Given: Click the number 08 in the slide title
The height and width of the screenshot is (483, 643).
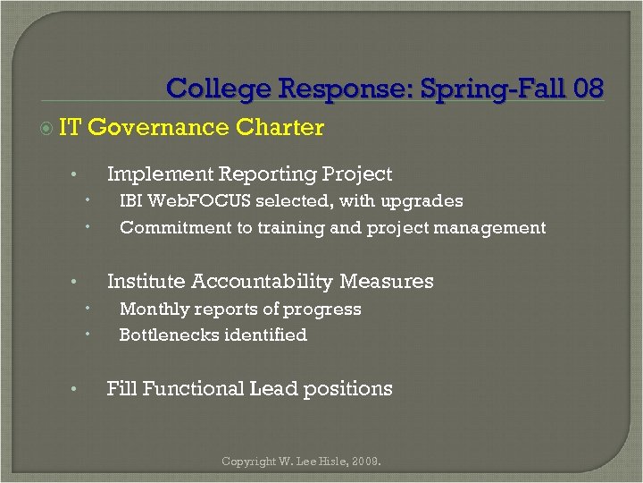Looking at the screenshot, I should pyautogui.click(x=589, y=89).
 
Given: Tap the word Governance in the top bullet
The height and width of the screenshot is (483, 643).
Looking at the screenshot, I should pyautogui.click(x=159, y=127).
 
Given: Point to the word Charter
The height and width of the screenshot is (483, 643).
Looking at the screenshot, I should pyautogui.click(x=280, y=127).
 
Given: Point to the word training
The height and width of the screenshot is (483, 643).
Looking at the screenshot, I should pyautogui.click(x=291, y=228).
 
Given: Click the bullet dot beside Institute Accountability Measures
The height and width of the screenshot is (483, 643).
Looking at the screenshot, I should pyautogui.click(x=77, y=283).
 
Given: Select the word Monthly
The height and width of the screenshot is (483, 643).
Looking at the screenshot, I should pyautogui.click(x=154, y=309).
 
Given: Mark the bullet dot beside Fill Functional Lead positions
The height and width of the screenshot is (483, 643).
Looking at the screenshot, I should pyautogui.click(x=77, y=390).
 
